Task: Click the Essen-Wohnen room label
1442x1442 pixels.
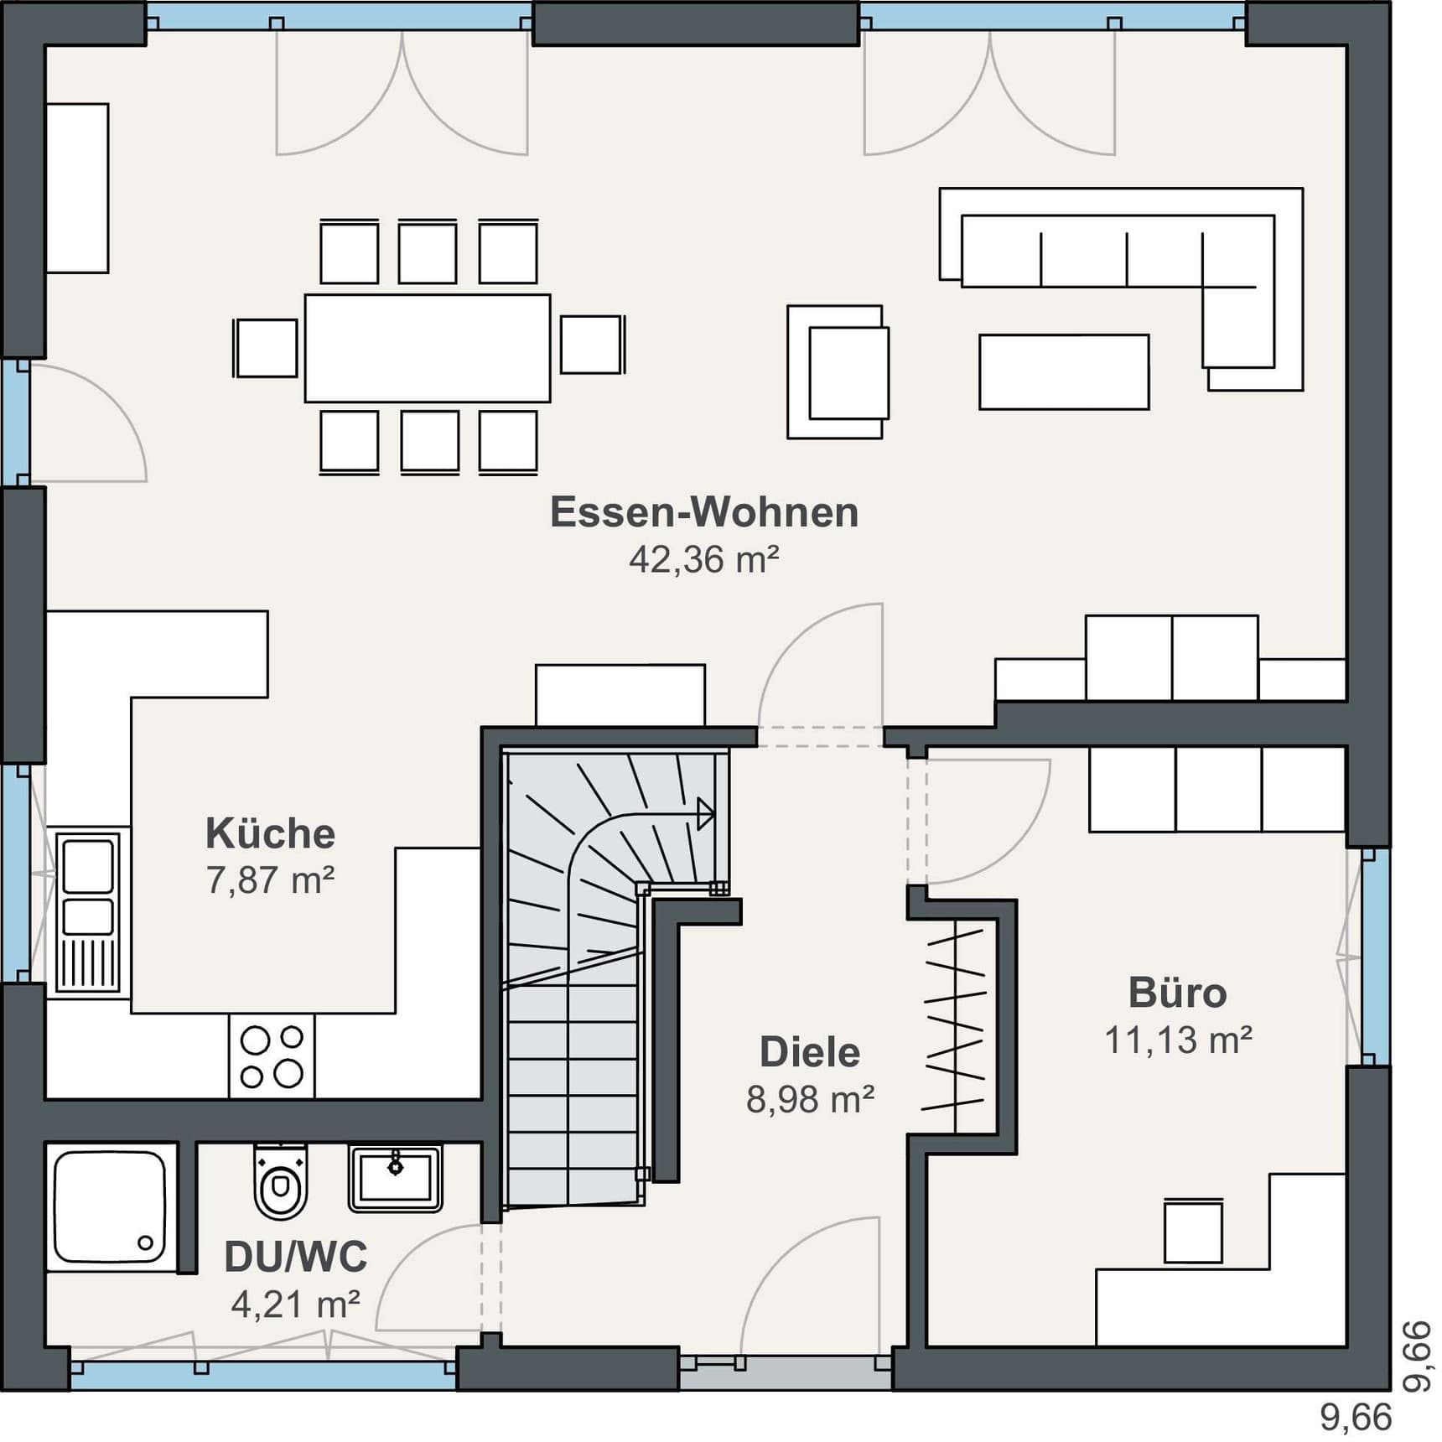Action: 704,512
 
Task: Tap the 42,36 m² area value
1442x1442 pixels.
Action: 704,559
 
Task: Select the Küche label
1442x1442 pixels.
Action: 270,833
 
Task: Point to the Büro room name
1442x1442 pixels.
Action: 1178,993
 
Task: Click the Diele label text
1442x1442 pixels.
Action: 810,1052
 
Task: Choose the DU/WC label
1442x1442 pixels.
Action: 296,1257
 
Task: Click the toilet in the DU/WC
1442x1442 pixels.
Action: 281,1180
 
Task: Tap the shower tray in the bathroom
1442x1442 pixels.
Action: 111,1207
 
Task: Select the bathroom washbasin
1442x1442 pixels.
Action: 396,1178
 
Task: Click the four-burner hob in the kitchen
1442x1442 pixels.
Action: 272,1056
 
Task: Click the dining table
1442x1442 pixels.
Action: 428,348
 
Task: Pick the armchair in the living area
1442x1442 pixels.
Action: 838,371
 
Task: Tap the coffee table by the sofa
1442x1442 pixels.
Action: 1064,372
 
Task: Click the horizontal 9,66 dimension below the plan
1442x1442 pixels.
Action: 1356,1418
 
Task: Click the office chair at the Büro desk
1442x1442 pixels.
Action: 1193,1231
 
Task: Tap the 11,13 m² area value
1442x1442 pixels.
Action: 1178,1040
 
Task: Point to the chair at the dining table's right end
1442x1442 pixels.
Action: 593,344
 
